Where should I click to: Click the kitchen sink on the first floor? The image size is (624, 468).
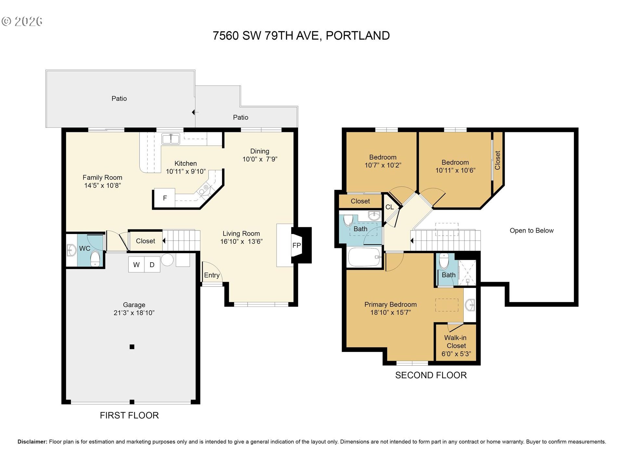171,139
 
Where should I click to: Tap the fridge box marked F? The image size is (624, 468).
164,198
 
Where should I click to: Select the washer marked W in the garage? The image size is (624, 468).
136,265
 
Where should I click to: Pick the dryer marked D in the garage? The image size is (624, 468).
152,265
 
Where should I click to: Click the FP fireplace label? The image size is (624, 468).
296,245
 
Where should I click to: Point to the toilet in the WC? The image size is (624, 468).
95,258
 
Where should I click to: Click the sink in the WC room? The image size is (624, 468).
71,250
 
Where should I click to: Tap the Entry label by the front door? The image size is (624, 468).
212,275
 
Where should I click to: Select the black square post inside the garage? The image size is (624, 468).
132,347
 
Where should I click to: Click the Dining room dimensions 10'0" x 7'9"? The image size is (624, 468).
260,159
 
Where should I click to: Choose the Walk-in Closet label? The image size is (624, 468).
456,342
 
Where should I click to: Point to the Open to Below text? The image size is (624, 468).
531,230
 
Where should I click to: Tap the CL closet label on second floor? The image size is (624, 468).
389,207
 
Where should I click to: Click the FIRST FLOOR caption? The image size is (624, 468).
129,415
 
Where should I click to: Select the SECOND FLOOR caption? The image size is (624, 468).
431,375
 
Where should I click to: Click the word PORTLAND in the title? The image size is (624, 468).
358,36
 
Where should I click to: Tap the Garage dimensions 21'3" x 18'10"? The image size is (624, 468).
134,313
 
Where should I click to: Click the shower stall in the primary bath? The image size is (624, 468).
467,273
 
